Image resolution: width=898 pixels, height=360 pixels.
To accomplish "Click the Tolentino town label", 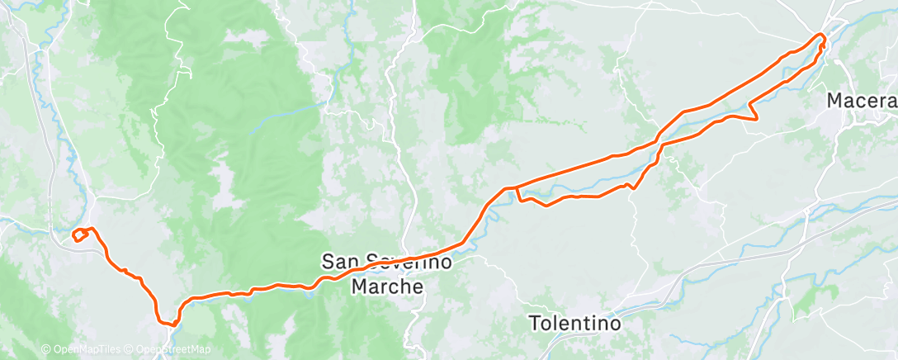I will [574, 323].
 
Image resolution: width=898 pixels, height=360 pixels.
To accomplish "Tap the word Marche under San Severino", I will [386, 287].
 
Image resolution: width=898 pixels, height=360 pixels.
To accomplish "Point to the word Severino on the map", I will [405, 263].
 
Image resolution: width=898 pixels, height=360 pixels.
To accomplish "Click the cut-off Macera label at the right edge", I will [863, 101].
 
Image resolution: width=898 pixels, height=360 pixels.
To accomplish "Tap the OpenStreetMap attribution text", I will [173, 349].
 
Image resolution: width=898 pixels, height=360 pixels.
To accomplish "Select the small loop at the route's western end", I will [80, 235].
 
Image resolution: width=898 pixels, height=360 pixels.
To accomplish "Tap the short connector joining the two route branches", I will [518, 194].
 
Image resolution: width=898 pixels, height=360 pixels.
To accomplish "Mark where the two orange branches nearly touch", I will [660, 140].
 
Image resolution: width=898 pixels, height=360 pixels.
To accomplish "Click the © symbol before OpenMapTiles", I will [46, 349].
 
